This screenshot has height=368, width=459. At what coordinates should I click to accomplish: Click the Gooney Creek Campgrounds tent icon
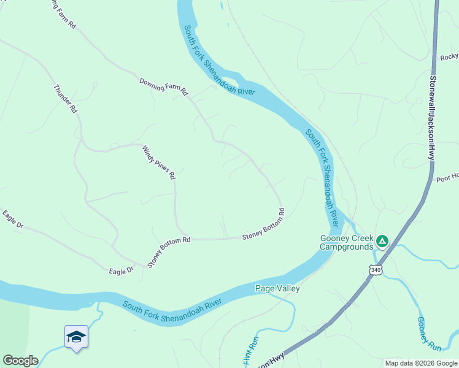tap(382, 241)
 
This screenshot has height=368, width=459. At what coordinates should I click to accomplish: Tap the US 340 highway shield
tap(376, 269)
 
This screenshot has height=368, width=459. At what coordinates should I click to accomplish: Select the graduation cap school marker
tap(76, 337)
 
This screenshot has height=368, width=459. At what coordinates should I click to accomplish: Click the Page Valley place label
tap(277, 288)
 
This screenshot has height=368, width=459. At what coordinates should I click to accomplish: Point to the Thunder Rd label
tap(66, 99)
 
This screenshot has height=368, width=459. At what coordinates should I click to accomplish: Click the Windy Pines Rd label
tap(159, 163)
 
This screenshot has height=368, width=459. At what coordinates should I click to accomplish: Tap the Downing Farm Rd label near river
tap(163, 87)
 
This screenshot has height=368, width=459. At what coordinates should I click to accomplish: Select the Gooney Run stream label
tap(430, 334)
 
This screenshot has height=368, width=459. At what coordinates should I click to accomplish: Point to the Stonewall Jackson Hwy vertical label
tap(433, 117)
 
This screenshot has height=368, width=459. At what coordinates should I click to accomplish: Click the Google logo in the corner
tap(20, 361)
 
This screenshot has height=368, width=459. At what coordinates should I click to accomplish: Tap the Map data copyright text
tap(422, 363)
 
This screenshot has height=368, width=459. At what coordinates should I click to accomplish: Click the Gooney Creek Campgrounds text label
tap(346, 243)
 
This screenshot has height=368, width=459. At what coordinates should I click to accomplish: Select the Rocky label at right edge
tap(449, 57)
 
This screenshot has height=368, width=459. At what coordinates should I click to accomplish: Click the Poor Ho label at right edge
tap(447, 177)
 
